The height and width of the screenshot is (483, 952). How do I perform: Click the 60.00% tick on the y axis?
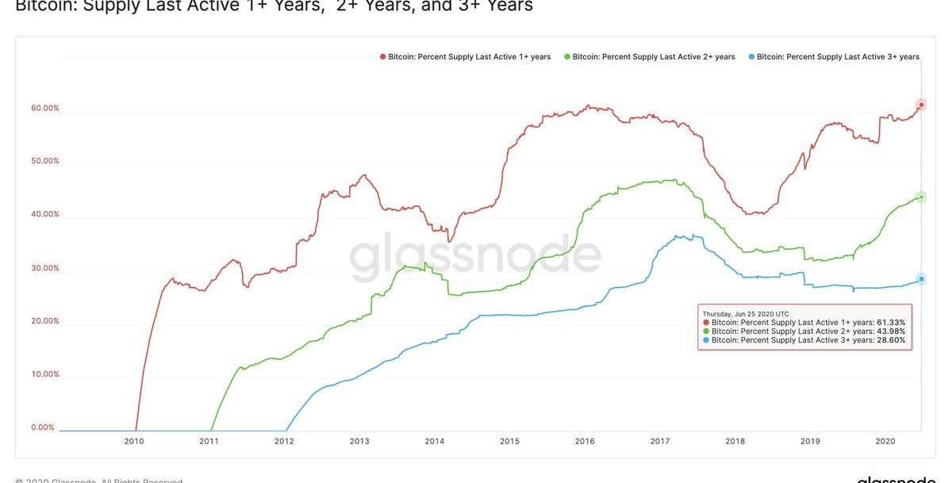point(45,108)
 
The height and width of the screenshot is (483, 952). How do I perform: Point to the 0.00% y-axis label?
point(43,427)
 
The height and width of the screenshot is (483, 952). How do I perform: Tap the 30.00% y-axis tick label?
point(45,268)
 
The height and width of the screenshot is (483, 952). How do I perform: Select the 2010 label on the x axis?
point(133,441)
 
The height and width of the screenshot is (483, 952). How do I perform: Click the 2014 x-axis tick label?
point(434,441)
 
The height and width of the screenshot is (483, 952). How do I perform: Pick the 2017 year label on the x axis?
point(660,441)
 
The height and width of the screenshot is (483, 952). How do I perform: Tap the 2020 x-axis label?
point(885,441)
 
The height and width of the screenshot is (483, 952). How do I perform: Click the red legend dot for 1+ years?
point(382,57)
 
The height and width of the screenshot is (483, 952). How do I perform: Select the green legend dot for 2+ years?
point(567,57)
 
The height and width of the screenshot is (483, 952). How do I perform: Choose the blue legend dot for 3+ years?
point(751,57)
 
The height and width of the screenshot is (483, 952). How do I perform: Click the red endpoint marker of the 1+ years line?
point(921,105)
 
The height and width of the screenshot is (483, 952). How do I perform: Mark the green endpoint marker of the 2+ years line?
point(921,197)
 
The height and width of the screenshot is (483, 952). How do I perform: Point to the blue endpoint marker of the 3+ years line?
point(921,278)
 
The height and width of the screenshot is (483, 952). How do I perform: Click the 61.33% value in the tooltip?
point(891,323)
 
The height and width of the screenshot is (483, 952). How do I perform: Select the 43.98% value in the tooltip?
point(891,332)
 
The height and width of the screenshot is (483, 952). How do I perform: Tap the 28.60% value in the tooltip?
point(891,340)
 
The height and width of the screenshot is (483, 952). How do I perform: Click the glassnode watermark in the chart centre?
point(475,255)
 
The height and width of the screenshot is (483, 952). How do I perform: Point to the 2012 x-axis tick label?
point(284,441)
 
